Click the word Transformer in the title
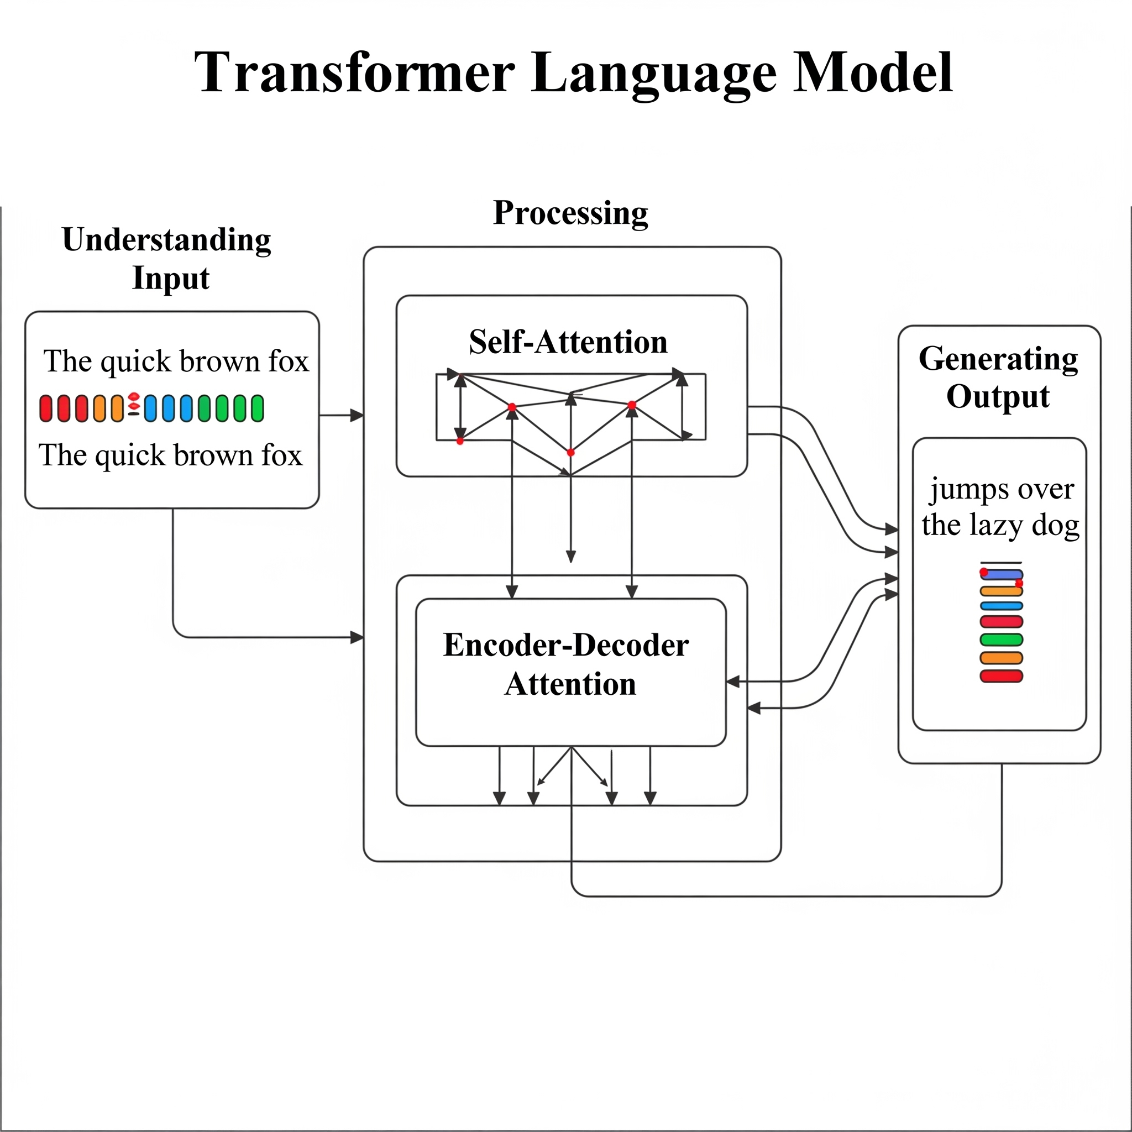click(x=355, y=72)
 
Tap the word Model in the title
click(x=872, y=72)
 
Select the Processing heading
click(x=570, y=214)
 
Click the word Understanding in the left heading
click(x=166, y=240)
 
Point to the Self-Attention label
click(x=568, y=342)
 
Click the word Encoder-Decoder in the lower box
click(x=566, y=645)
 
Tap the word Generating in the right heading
click(x=998, y=360)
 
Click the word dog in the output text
click(x=1056, y=525)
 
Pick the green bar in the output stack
click(x=1002, y=640)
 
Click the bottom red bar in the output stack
click(x=1002, y=676)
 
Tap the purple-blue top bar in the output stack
click(x=1002, y=575)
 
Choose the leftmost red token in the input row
click(x=46, y=408)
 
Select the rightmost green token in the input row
click(x=257, y=408)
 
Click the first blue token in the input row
click(x=150, y=408)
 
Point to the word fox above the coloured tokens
click(x=289, y=361)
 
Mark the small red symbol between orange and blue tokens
click(x=134, y=403)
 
